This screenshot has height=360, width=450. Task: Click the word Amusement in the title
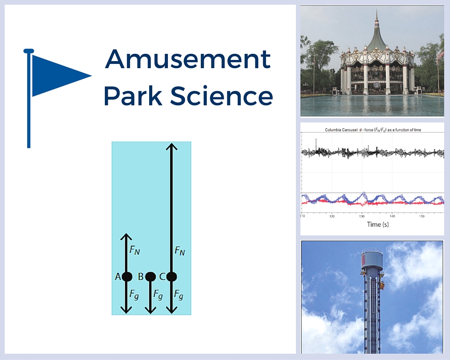[x=188, y=60]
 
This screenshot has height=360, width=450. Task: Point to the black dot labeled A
[x=127, y=277]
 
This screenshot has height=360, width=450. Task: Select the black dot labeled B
[x=150, y=277]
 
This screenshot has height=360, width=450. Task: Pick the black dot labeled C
[x=172, y=277]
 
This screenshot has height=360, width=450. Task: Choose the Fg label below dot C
[x=179, y=295]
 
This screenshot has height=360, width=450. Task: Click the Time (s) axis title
[x=380, y=224]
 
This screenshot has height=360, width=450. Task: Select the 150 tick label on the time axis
[x=422, y=216]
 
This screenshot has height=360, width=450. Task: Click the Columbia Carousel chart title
[x=373, y=130]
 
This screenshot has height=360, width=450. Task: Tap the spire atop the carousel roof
[x=376, y=19]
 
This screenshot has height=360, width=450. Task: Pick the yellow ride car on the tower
[x=382, y=285]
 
